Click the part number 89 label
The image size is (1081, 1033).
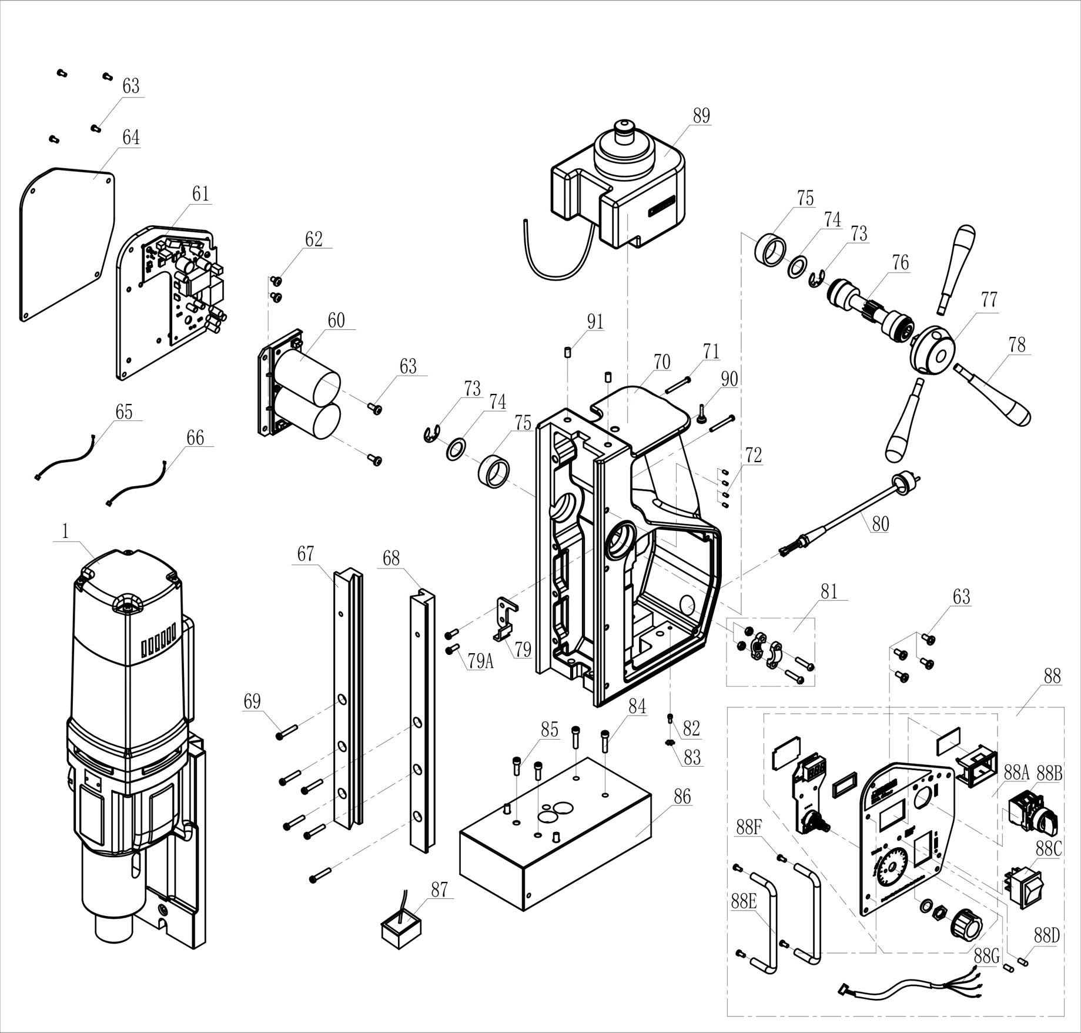click(x=701, y=116)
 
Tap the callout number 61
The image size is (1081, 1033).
click(x=201, y=193)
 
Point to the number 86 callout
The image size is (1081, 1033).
click(x=682, y=797)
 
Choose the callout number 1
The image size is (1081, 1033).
click(x=65, y=531)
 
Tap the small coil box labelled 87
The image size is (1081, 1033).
click(x=401, y=931)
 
